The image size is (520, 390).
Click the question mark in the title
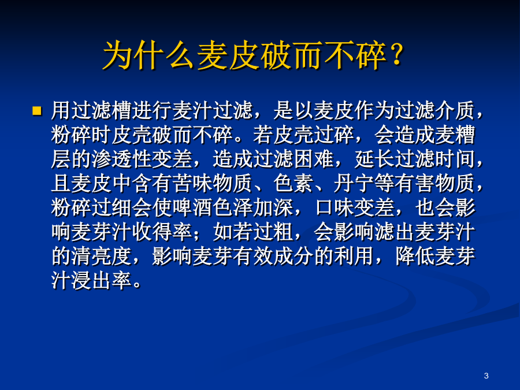[x=396, y=55]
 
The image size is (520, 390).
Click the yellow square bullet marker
[x=36, y=110]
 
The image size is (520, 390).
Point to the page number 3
[x=486, y=376]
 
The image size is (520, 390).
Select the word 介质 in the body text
[x=455, y=110]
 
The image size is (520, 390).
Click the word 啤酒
[x=192, y=207]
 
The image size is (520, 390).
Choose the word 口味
[x=334, y=207]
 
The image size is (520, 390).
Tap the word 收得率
[x=162, y=232]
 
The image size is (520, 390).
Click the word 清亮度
[x=102, y=257]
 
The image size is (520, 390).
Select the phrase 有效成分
[x=273, y=257]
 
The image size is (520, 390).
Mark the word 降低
[x=415, y=257]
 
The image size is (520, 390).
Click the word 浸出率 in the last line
[x=102, y=281]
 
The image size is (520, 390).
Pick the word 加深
[x=273, y=207]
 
